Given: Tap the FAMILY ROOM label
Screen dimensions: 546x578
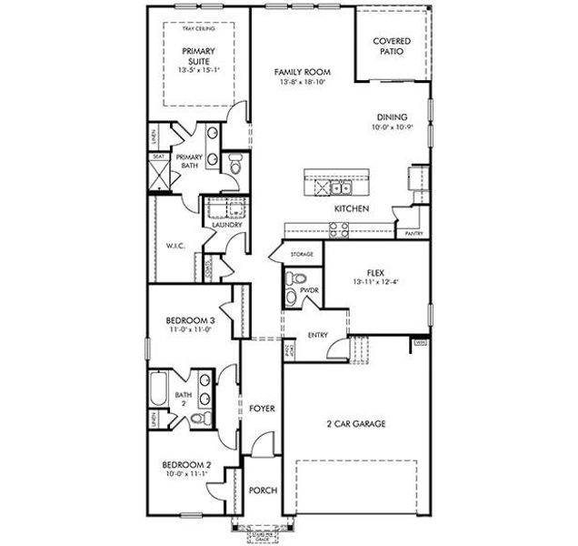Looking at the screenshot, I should click(x=303, y=71).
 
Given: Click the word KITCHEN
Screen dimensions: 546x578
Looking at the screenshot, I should click(x=351, y=209).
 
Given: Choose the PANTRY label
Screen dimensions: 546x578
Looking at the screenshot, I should click(x=414, y=234).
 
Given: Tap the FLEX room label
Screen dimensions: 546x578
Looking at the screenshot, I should click(x=374, y=272).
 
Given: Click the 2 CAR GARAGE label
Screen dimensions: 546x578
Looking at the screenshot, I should click(x=356, y=423).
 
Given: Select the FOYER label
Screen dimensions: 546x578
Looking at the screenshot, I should click(x=262, y=409).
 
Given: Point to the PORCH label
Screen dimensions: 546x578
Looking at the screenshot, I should click(x=263, y=490).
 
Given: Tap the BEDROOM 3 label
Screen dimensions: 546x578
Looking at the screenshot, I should click(x=190, y=320).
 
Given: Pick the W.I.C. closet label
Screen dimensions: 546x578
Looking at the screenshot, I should click(x=175, y=245).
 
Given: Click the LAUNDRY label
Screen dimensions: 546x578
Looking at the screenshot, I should click(x=227, y=225).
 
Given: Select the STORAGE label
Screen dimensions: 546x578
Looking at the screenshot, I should click(x=303, y=254).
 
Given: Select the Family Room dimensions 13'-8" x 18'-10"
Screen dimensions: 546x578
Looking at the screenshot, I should click(x=303, y=83).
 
